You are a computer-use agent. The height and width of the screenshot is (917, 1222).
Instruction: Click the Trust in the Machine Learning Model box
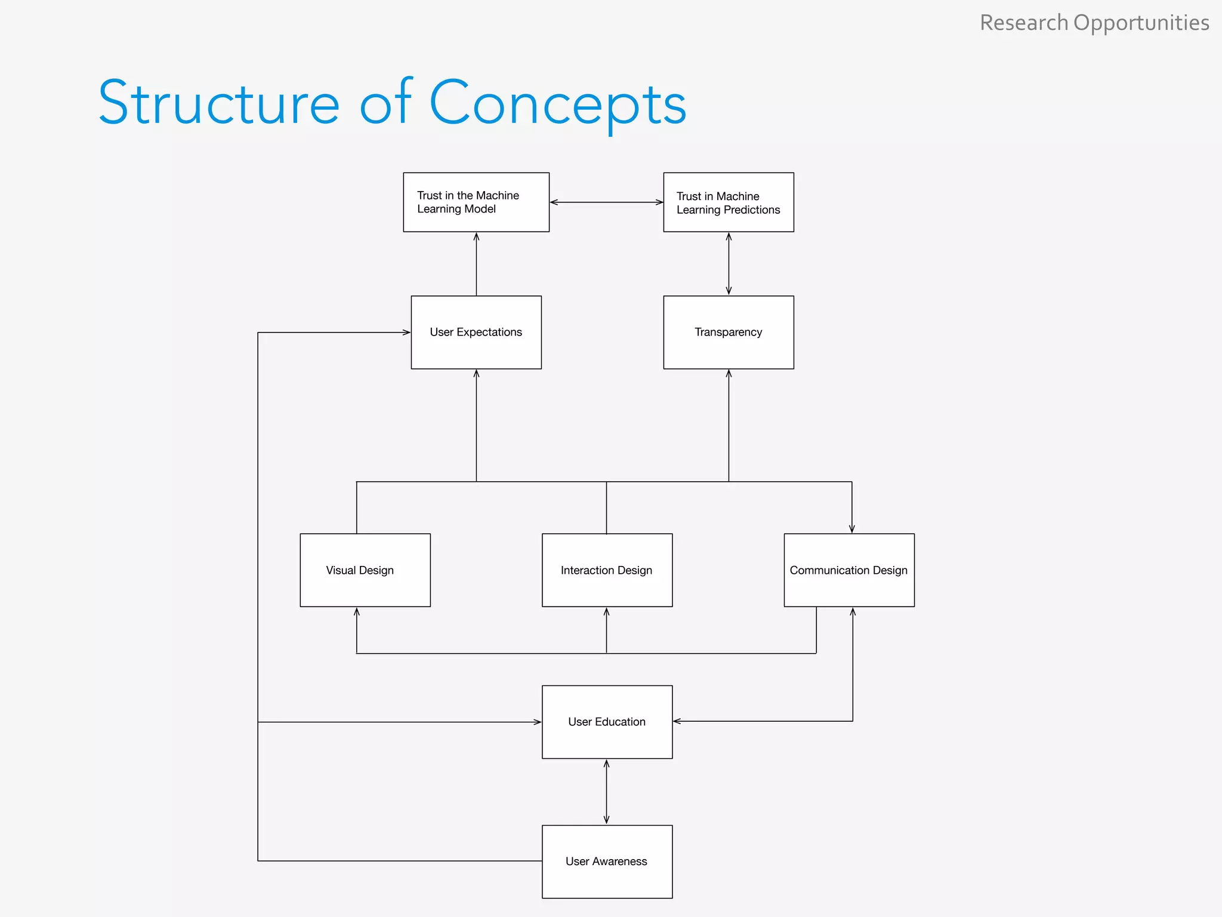(x=476, y=202)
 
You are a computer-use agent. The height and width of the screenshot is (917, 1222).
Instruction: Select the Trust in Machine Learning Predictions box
(x=729, y=202)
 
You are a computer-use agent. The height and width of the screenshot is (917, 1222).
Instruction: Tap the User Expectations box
(x=476, y=332)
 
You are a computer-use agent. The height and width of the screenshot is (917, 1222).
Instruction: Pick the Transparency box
(x=729, y=332)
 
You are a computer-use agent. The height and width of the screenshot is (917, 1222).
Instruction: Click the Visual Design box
(x=365, y=570)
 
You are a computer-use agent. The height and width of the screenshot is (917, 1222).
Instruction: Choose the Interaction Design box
(x=607, y=570)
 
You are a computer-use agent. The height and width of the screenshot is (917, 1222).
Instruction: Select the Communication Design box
(x=848, y=570)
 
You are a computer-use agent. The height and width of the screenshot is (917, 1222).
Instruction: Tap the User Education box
(x=607, y=722)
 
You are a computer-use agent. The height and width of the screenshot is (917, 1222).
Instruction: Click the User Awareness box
(x=607, y=861)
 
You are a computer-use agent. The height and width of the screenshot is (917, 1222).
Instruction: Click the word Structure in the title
(x=218, y=103)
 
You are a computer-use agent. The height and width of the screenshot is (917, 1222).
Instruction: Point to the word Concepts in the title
(x=558, y=103)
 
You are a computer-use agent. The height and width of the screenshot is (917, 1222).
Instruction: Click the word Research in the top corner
(x=1023, y=23)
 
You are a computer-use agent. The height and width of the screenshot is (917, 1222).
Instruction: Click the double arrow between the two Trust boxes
(x=606, y=202)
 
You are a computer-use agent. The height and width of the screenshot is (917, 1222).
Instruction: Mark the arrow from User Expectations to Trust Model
(x=476, y=263)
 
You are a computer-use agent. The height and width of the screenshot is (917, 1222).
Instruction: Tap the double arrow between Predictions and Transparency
(x=729, y=263)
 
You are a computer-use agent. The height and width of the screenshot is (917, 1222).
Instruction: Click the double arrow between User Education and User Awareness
(x=607, y=792)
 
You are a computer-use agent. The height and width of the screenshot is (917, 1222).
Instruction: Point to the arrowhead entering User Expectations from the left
(x=406, y=333)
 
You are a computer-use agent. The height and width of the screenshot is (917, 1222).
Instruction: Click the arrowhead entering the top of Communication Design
(x=851, y=528)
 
